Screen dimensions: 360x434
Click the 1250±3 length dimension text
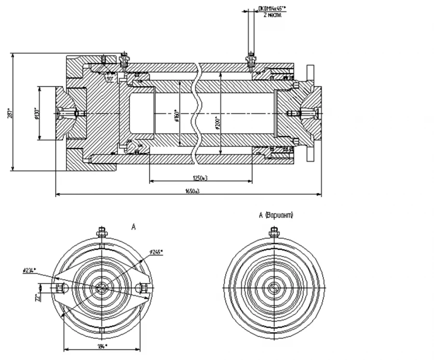tap(200, 178)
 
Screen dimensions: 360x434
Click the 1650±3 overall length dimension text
tap(192, 191)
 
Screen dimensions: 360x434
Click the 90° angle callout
tap(110, 79)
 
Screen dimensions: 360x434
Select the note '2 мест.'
tap(272, 14)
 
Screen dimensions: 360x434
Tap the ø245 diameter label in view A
tap(157, 252)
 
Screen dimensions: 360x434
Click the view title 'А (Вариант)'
tap(276, 215)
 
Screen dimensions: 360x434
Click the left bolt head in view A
tap(59, 288)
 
